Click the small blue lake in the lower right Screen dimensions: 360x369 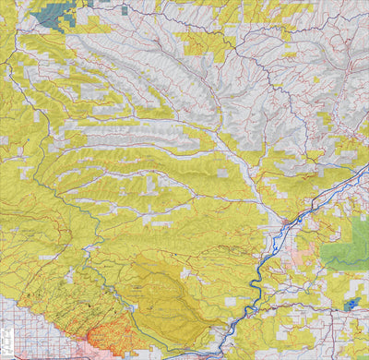(351, 305)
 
